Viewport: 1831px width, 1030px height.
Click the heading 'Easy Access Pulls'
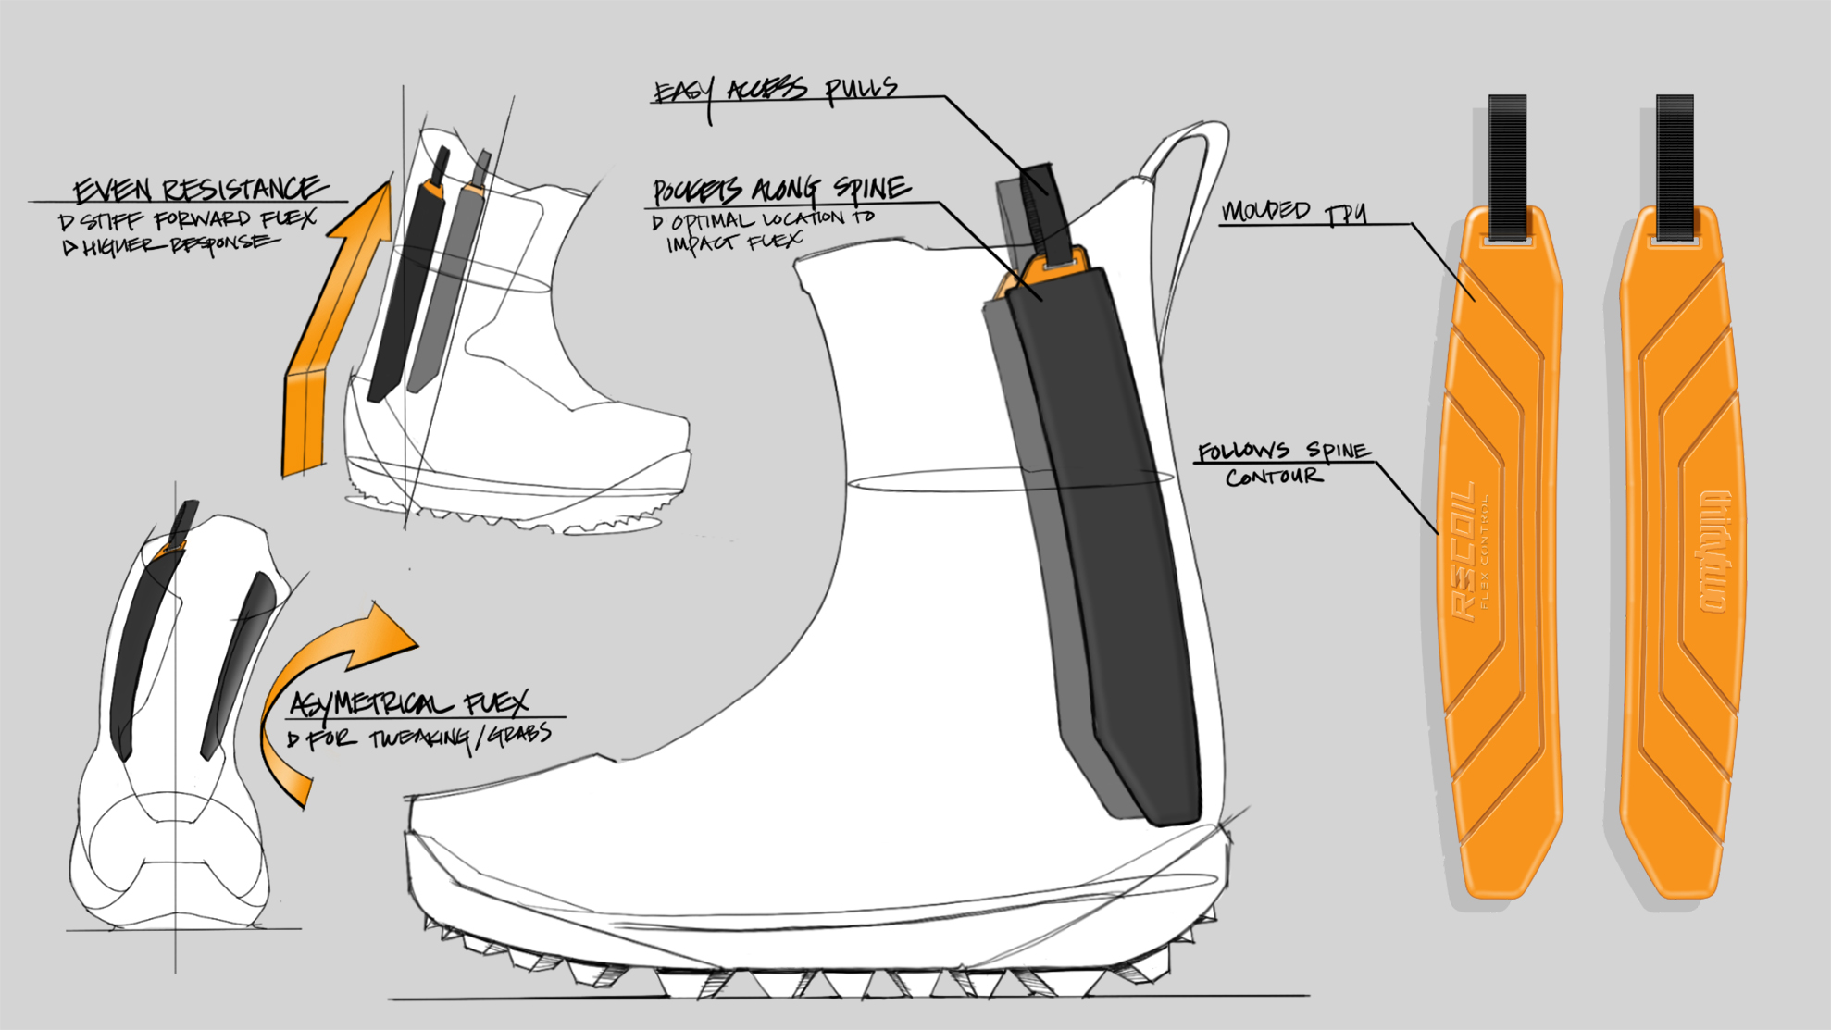776,90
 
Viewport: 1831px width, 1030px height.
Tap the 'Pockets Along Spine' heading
780,190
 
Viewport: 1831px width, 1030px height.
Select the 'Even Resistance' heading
199,189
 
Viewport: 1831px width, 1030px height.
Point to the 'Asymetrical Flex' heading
408,704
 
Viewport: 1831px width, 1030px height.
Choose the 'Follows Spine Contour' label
1282,463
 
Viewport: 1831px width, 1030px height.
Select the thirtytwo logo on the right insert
1713,551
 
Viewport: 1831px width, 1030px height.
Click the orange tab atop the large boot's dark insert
1055,267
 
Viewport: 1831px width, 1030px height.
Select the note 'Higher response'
170,245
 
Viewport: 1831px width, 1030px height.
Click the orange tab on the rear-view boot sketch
171,551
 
